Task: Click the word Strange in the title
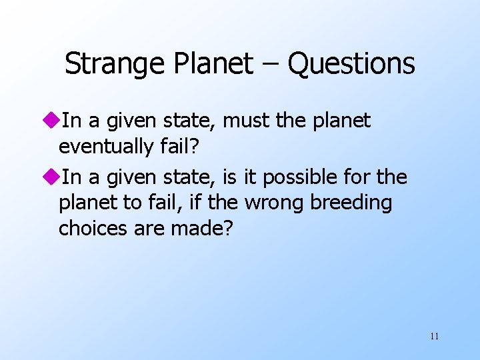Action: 108,64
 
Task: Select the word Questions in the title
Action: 351,64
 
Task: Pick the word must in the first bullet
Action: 245,121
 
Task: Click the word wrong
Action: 275,203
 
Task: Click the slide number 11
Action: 434,336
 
